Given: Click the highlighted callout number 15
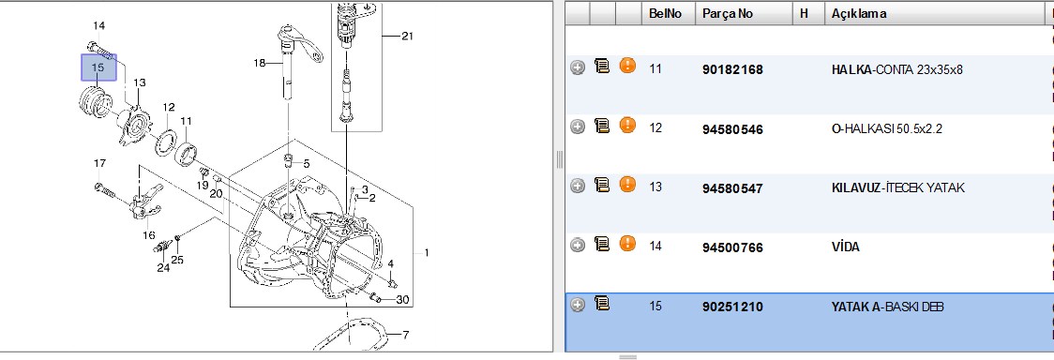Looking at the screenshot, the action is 98,67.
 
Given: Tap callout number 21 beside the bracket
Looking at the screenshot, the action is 407,36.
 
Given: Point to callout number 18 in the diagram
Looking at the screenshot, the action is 260,63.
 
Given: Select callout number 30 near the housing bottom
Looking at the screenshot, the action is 402,300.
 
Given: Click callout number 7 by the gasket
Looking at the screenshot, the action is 405,335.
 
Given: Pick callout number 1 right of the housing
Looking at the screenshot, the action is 426,253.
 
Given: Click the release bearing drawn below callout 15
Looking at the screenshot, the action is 94,105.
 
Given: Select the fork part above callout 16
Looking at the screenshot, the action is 143,202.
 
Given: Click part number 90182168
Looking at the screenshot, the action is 732,69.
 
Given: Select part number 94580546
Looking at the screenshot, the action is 732,129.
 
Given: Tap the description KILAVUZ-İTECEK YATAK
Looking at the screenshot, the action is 898,188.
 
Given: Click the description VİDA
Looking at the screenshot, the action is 846,247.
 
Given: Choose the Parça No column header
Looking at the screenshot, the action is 728,13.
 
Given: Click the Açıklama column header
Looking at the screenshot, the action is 859,13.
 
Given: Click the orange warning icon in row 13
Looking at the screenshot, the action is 627,185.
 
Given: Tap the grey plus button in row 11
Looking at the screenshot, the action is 578,67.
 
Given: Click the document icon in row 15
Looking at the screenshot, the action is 602,305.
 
